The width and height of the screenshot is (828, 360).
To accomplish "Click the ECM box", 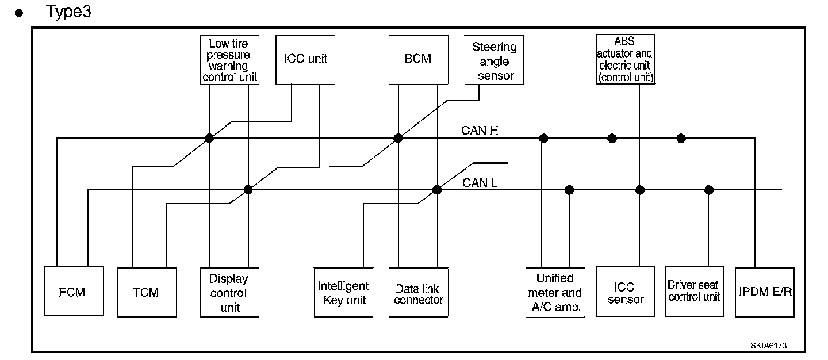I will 73,292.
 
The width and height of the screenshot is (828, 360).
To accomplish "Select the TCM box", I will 145,292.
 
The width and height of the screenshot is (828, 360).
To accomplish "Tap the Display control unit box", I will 228,292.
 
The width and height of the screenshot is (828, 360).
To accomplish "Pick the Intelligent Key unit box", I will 343,292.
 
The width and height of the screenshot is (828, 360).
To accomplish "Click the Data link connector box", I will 418,292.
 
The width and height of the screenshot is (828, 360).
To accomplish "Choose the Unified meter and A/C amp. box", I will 555,292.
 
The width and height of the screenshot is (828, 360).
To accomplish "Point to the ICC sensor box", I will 626,292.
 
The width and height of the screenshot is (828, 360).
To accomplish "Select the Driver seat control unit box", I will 693,291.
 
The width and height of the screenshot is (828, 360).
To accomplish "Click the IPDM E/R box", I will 765,292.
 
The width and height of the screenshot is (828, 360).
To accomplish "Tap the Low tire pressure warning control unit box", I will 229,60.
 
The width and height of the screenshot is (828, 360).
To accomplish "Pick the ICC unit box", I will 305,59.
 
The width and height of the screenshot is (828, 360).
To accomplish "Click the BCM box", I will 417,59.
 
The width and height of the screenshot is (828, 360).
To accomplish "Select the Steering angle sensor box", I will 494,60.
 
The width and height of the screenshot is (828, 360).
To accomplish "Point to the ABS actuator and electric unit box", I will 626,59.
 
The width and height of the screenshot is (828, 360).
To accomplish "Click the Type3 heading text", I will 68,12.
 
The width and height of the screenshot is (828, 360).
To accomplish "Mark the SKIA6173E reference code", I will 771,346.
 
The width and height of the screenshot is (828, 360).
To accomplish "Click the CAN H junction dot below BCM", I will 398,138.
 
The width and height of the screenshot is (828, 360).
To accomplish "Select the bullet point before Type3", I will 20,13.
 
